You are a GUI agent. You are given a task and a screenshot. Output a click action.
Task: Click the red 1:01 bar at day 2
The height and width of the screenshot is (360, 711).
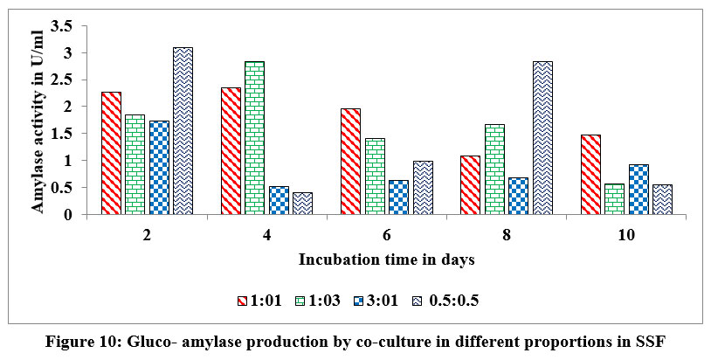click(x=111, y=153)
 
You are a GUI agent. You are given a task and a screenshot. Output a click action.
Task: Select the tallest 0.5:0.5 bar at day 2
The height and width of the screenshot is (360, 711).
click(x=183, y=131)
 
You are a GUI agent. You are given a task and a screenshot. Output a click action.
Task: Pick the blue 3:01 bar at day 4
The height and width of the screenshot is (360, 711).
click(x=278, y=200)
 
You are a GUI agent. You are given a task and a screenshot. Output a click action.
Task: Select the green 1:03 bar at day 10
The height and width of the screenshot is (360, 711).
click(x=613, y=199)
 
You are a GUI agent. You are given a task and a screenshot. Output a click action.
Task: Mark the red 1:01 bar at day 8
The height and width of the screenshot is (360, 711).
click(x=470, y=185)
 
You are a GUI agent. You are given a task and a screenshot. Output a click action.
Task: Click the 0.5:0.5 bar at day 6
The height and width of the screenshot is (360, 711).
click(x=422, y=188)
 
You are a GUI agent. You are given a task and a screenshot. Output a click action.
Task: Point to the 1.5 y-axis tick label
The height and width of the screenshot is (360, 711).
click(x=75, y=134)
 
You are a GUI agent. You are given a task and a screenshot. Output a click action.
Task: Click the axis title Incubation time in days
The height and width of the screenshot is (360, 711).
click(x=385, y=260)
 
